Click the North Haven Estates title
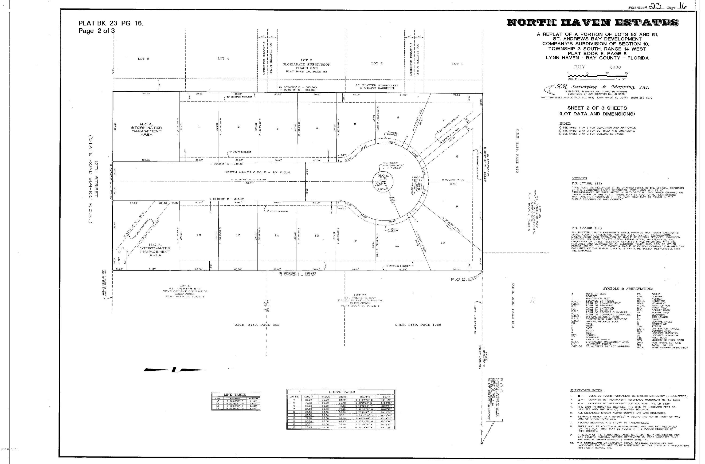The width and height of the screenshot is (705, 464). pos(592,23)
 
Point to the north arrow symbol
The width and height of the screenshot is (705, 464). pos(174,370)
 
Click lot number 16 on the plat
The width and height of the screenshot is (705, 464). pos(199,235)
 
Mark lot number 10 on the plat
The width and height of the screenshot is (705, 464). pos(443,243)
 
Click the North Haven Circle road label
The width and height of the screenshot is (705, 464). pos(258,172)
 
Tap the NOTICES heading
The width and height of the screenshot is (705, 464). pos(580,179)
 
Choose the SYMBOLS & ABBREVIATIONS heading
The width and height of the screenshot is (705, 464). pos(628,289)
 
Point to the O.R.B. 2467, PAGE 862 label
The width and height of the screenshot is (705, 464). pos(257,325)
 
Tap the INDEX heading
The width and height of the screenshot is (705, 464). pos(565,124)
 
